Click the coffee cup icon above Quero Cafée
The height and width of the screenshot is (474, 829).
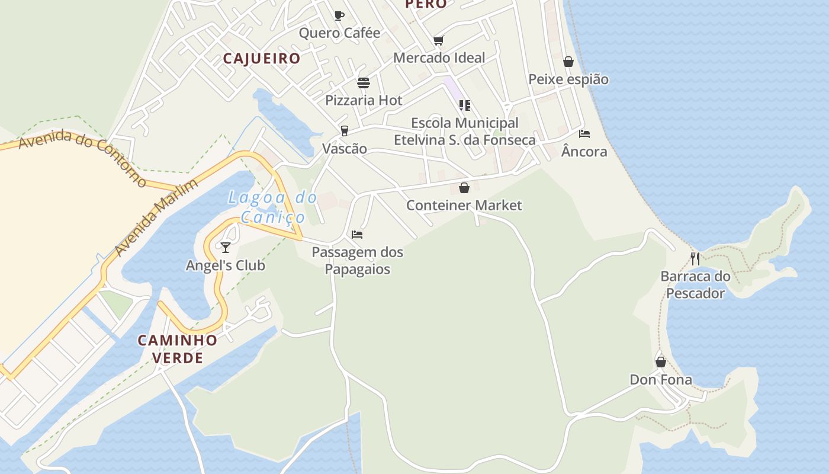pyautogui.click(x=339, y=15)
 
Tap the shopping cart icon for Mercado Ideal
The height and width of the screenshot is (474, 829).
pyautogui.click(x=439, y=40)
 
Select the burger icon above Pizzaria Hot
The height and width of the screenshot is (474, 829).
pyautogui.click(x=364, y=83)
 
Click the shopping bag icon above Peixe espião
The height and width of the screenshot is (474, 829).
pyautogui.click(x=568, y=62)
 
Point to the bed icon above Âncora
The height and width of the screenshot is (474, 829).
pyautogui.click(x=584, y=134)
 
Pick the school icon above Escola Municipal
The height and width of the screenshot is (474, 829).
pyautogui.click(x=465, y=105)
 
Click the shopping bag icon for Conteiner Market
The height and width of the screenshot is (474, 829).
pyautogui.click(x=464, y=188)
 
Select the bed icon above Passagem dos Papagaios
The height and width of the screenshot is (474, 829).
pyautogui.click(x=357, y=235)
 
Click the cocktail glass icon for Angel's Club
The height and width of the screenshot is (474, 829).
pyautogui.click(x=226, y=248)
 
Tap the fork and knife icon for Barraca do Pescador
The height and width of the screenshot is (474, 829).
pyautogui.click(x=695, y=259)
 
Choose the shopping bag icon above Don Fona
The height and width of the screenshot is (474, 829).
pyautogui.click(x=661, y=362)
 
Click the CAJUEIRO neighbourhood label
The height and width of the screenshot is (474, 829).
pyautogui.click(x=262, y=59)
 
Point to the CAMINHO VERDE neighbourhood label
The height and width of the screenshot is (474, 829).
pyautogui.click(x=178, y=349)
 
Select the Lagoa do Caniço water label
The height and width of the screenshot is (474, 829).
pyautogui.click(x=273, y=207)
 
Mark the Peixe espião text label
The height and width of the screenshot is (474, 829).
pyautogui.click(x=568, y=79)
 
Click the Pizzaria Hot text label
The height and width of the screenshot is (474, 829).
pyautogui.click(x=364, y=100)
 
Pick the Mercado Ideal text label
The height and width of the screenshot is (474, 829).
pyautogui.click(x=439, y=57)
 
